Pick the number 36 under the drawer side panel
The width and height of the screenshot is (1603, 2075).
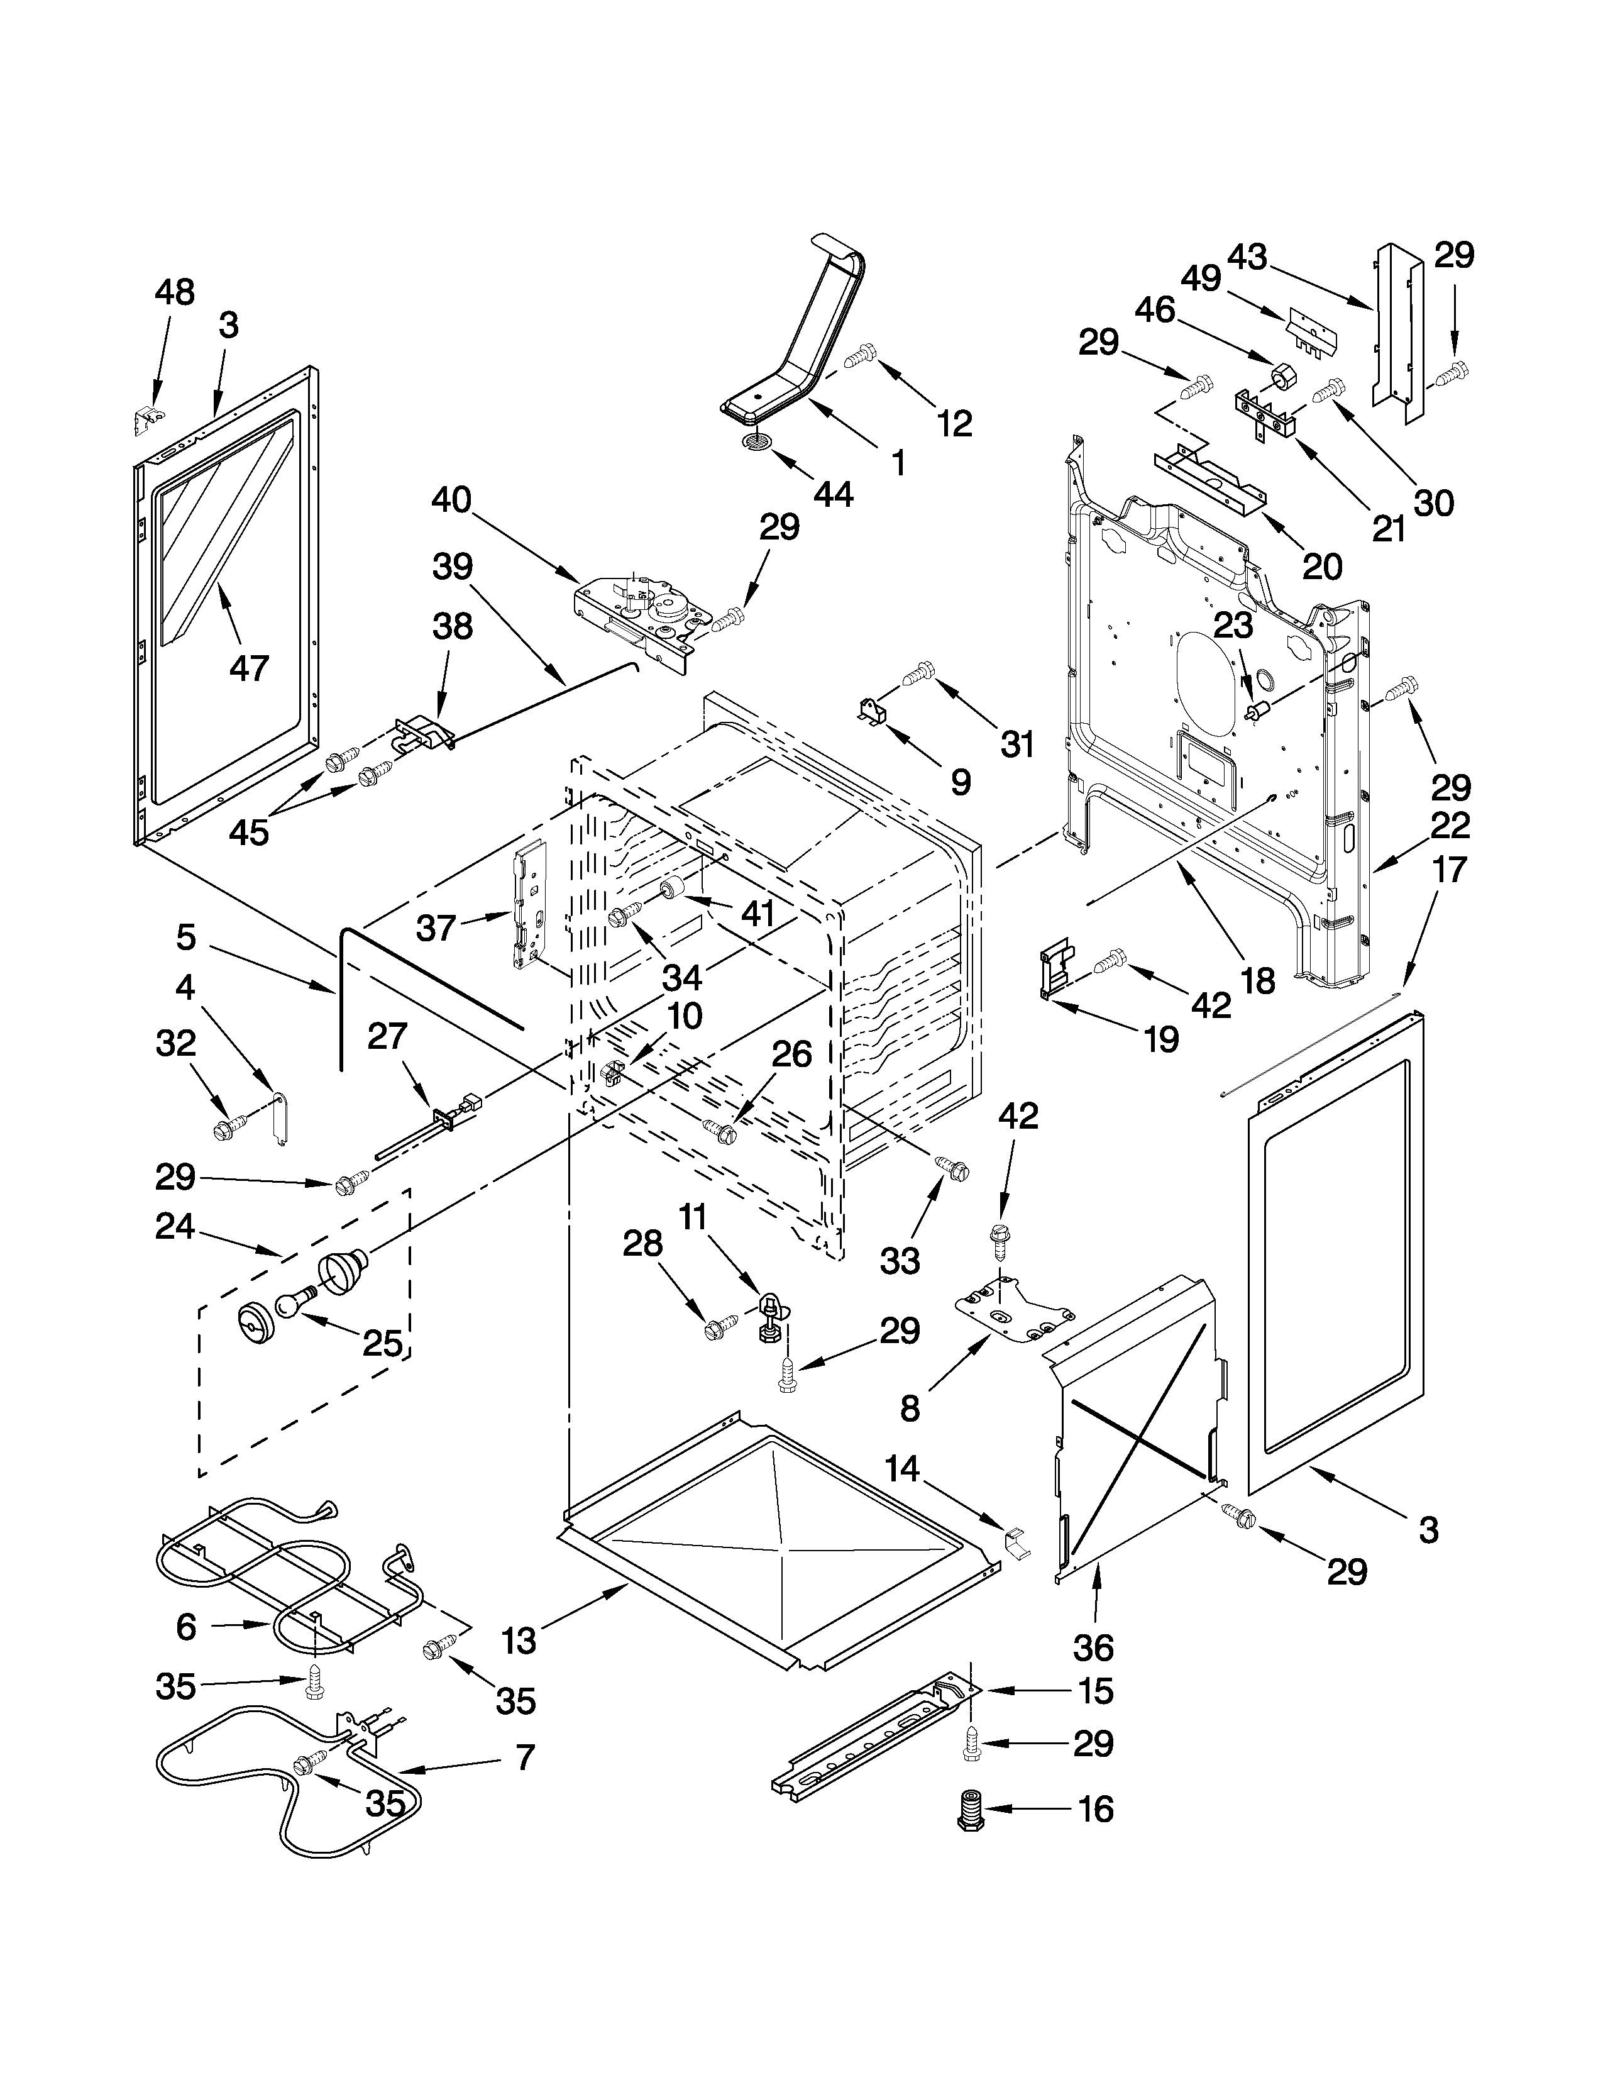pyautogui.click(x=1093, y=1647)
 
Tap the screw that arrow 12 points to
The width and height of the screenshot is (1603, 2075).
pyautogui.click(x=859, y=357)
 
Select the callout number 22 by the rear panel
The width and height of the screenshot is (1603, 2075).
pyautogui.click(x=1450, y=825)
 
